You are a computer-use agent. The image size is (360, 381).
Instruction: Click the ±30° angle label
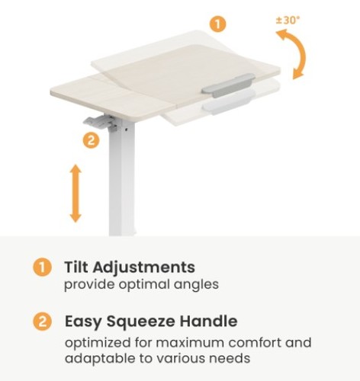point(288,20)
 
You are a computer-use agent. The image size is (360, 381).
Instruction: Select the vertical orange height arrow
point(76,194)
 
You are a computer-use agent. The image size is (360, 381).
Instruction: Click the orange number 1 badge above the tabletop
point(217,24)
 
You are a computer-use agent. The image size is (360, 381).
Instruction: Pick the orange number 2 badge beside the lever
point(91,140)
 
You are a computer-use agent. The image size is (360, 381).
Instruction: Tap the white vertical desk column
point(122,178)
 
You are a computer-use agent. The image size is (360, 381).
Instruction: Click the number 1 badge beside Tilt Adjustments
point(42,267)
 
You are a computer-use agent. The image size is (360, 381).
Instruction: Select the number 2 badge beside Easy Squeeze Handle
point(42,322)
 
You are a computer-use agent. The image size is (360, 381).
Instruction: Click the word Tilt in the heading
point(76,267)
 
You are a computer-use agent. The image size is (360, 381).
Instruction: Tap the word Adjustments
point(144,267)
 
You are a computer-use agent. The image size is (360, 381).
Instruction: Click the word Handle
point(209,321)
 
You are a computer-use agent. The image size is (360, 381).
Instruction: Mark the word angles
point(196,285)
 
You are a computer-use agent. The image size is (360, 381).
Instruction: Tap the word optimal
point(144,285)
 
